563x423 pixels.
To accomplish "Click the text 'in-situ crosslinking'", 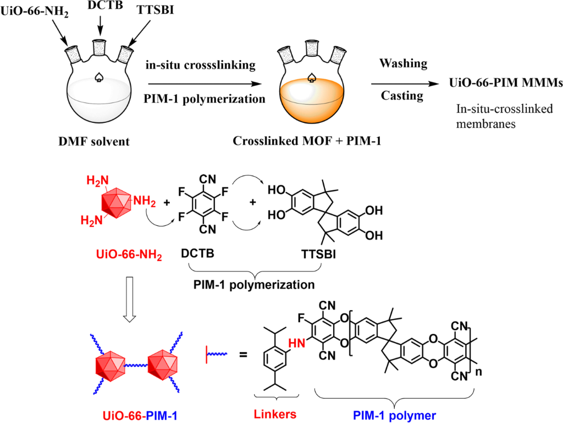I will pos(200,65).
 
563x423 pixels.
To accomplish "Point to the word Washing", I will pos(403,63).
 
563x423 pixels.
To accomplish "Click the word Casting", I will pos(403,96).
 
